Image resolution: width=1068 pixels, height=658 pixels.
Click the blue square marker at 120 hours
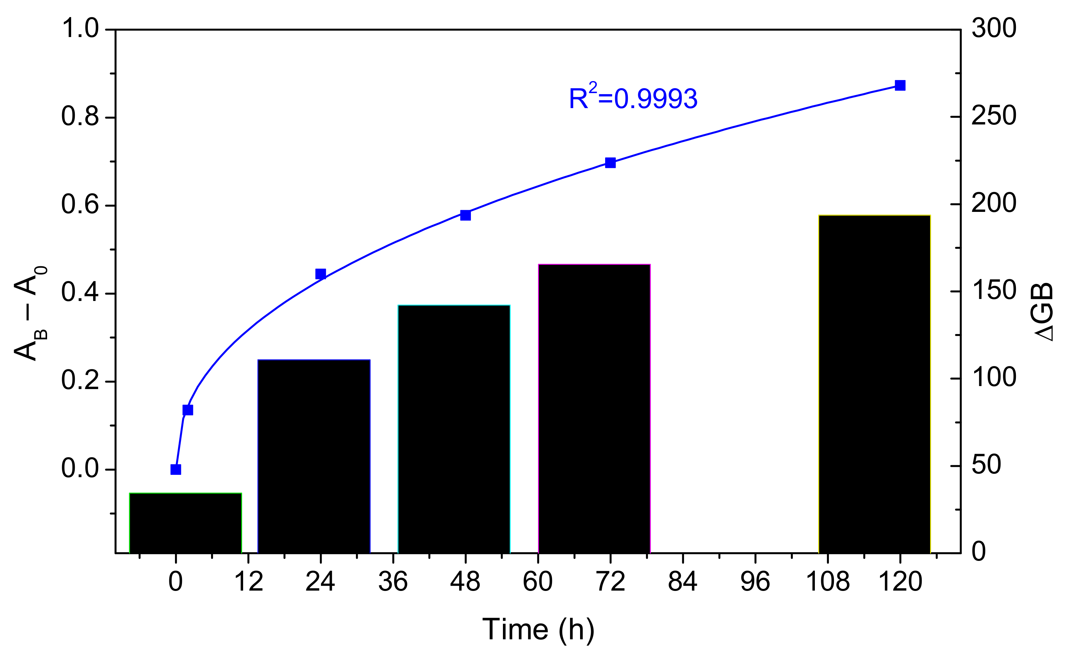[x=900, y=85]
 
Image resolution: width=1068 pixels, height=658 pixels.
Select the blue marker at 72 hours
[x=610, y=163]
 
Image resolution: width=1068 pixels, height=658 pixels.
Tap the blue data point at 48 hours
[x=465, y=215]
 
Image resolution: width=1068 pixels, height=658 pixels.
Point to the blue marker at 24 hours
[x=321, y=274]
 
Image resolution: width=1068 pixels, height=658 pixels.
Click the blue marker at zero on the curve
[x=176, y=469]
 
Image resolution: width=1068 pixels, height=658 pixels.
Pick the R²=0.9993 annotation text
[x=633, y=98]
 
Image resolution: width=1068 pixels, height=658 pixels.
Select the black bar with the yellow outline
[x=874, y=384]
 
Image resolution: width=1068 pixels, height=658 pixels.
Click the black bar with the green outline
[x=186, y=523]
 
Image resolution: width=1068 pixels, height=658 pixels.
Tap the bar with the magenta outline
[x=594, y=408]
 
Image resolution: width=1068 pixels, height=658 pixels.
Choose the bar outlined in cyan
[x=454, y=429]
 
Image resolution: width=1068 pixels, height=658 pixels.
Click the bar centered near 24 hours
[x=314, y=456]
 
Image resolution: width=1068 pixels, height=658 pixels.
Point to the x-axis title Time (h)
[x=538, y=629]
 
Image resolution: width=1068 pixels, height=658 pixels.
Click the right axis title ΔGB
[x=1043, y=312]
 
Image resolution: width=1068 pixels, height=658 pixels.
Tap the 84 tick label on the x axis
[x=683, y=581]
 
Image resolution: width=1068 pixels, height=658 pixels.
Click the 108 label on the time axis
[x=828, y=581]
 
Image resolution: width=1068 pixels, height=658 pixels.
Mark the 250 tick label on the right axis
[x=994, y=116]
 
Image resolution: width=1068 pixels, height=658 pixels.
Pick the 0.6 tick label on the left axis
[x=80, y=204]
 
